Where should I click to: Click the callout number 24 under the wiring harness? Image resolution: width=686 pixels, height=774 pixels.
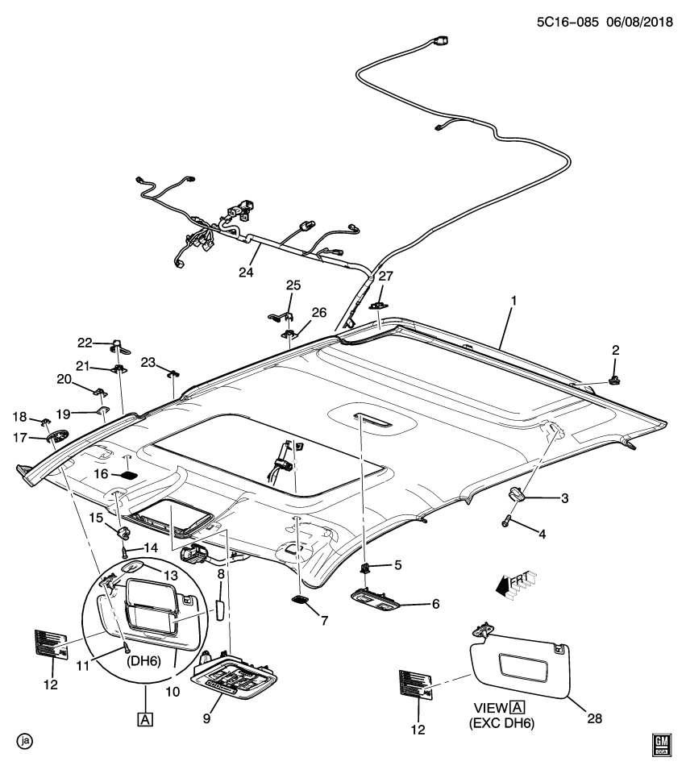246,273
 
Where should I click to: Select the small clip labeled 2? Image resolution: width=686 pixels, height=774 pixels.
614,376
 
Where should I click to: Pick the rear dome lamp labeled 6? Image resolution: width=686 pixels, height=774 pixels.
382,598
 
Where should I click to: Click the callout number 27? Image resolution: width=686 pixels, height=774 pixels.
385,277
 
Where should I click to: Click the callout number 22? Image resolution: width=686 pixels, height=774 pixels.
85,343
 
